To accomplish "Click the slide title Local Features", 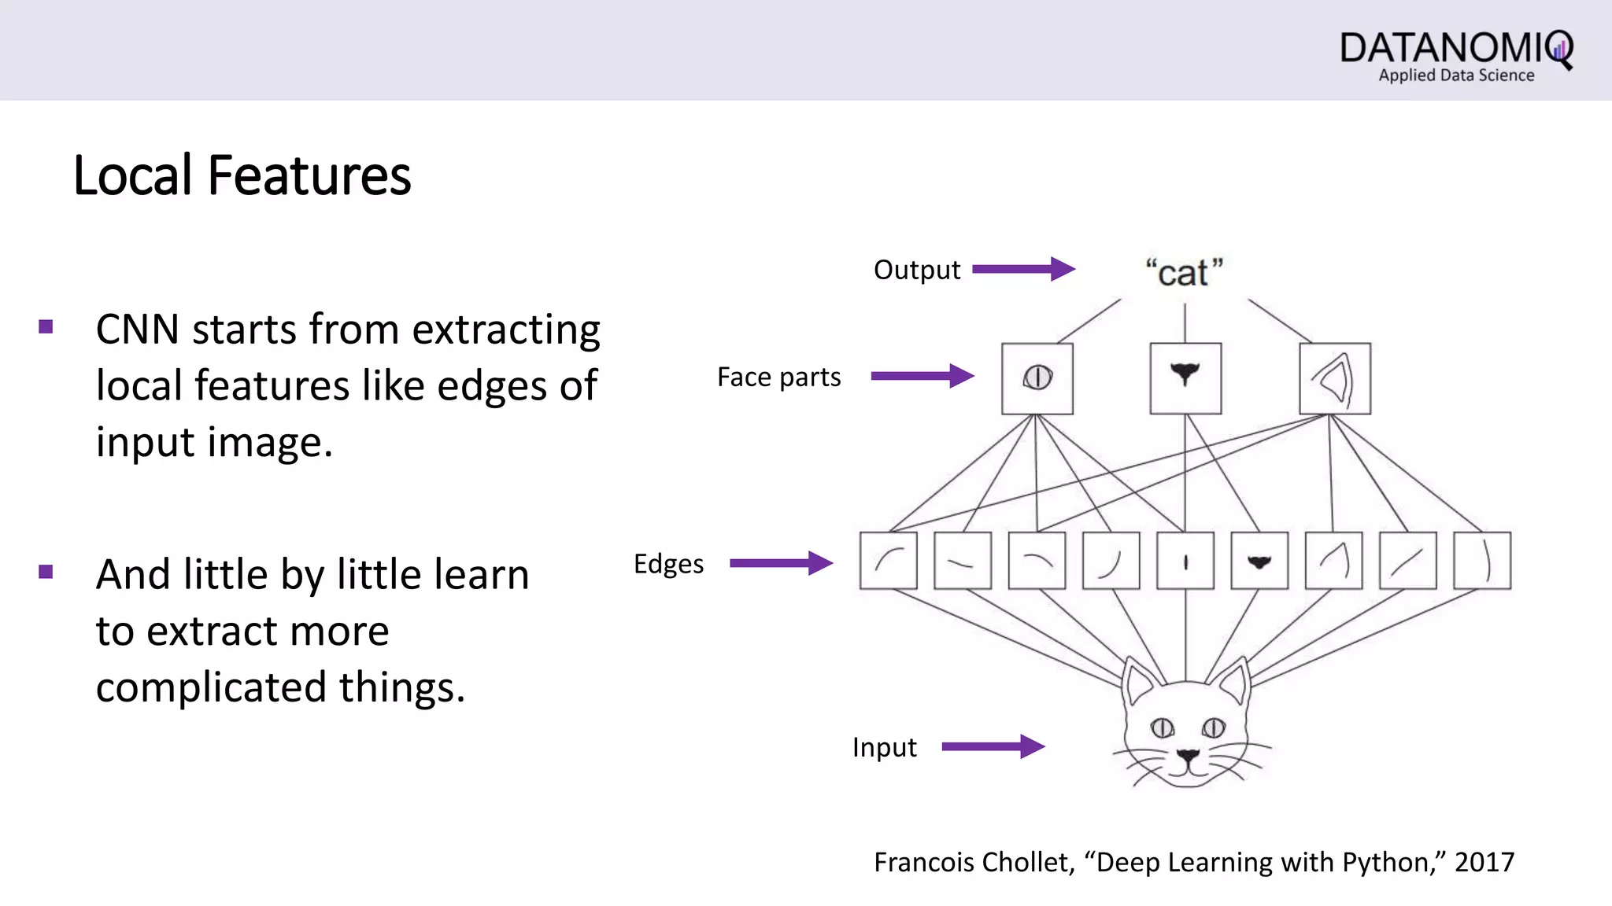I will click(242, 175).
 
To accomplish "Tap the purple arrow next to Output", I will click(1023, 269).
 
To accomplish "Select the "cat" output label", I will click(1184, 273).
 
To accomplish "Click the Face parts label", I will click(778, 377).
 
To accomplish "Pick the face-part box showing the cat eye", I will click(1037, 378).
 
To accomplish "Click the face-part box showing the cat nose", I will click(1185, 378).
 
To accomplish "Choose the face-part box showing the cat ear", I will click(1334, 378).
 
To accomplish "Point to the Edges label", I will click(668, 564).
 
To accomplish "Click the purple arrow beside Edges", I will click(781, 563).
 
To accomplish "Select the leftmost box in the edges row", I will click(888, 561).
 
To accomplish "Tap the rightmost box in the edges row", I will click(1481, 561).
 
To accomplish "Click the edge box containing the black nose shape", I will click(1259, 561).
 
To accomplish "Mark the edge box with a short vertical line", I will click(1185, 561).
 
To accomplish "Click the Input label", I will click(884, 747).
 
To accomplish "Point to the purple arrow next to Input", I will click(993, 746).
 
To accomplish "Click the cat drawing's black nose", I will click(1188, 757).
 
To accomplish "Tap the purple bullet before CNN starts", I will click(46, 327).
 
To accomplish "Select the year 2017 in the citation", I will click(1484, 863).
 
